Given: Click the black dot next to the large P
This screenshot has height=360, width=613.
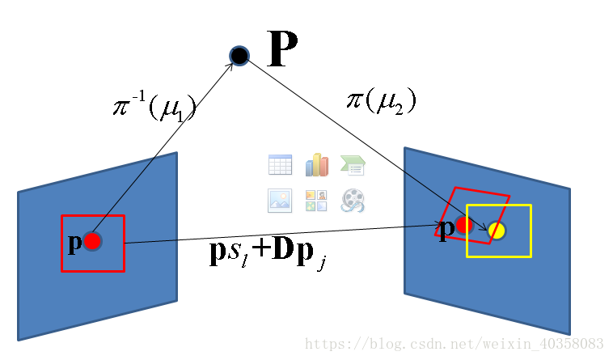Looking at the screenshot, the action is [x=239, y=55].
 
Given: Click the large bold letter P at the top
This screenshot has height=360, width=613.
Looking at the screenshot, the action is [x=282, y=49].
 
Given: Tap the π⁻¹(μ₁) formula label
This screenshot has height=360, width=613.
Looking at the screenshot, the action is [x=154, y=106].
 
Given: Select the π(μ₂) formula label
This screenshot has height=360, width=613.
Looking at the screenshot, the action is [x=381, y=100].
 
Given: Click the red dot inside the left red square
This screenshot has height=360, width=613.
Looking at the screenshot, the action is [x=92, y=241].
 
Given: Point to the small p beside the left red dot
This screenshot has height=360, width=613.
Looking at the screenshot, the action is [x=74, y=242].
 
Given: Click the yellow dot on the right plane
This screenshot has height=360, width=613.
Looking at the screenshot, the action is [x=497, y=231].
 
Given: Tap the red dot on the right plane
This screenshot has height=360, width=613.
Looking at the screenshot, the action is [x=464, y=225].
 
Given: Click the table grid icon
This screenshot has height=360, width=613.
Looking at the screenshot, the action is [x=280, y=165].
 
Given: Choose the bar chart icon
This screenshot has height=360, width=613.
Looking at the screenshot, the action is [x=316, y=165].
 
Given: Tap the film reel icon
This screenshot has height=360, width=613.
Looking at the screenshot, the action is [x=353, y=200].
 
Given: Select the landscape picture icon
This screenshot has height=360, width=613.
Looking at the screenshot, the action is [x=280, y=200].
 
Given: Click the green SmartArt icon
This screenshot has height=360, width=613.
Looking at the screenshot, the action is [x=353, y=165].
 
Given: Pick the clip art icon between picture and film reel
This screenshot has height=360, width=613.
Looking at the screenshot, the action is [x=316, y=200].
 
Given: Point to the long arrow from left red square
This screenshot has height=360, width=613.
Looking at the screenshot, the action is [x=283, y=235].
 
